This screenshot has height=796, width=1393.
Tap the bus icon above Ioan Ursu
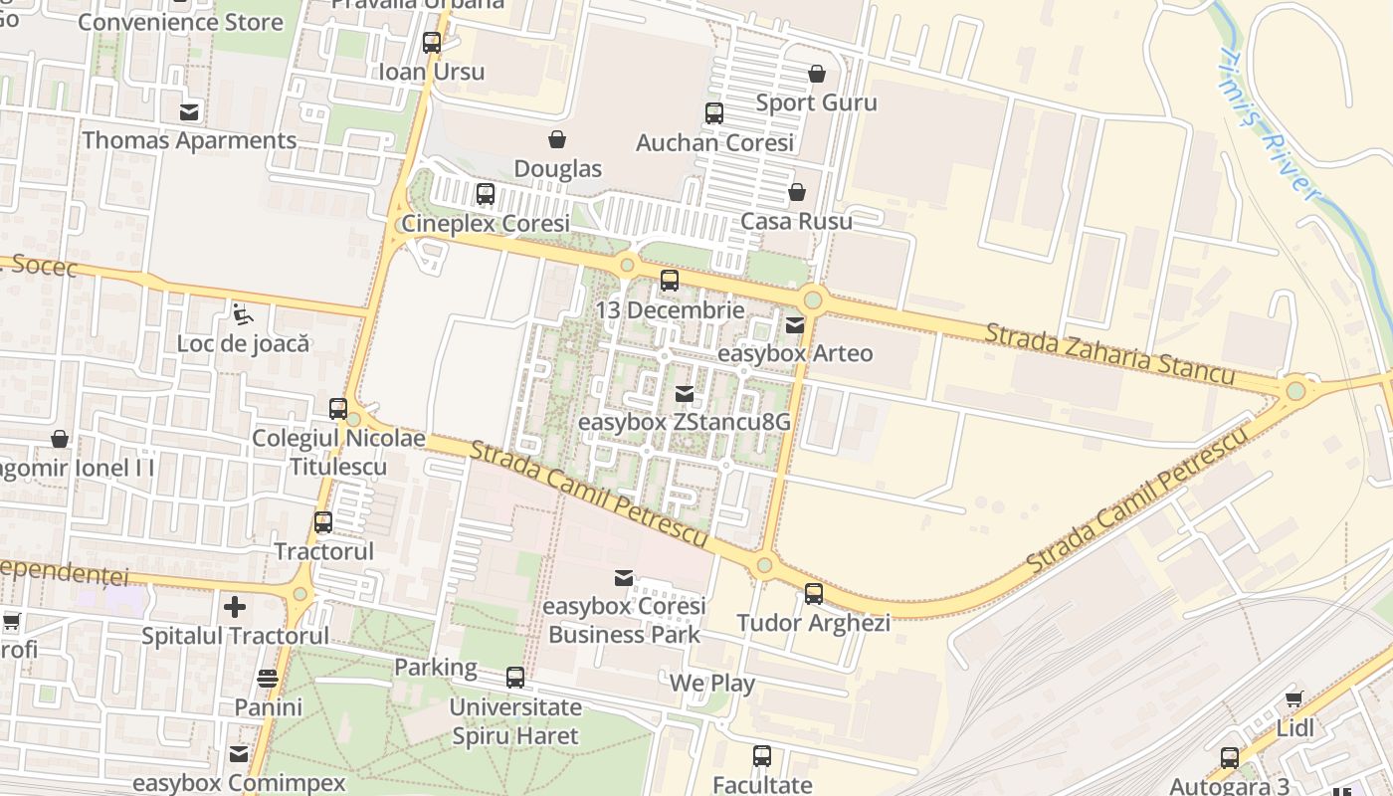(432, 43)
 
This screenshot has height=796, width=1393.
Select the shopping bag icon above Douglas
(557, 139)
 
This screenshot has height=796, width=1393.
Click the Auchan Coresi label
(714, 142)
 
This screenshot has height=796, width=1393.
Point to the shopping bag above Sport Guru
(817, 74)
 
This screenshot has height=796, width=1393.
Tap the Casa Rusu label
(796, 221)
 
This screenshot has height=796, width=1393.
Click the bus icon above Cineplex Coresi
(486, 194)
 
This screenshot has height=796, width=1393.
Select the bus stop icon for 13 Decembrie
(670, 281)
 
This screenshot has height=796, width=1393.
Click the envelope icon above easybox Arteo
(795, 324)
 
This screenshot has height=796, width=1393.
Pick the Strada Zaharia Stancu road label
(1108, 353)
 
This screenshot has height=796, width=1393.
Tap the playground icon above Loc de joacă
(243, 315)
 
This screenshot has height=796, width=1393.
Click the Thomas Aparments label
(189, 140)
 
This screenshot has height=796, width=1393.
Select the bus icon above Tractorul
(323, 522)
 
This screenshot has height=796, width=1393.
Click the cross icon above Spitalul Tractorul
(235, 606)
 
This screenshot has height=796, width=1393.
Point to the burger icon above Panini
(268, 679)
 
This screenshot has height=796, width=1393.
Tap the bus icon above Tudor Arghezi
(814, 594)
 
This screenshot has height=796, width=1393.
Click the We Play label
(711, 684)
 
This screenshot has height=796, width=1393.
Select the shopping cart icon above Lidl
(1294, 698)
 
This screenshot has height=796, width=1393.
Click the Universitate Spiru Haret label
(514, 721)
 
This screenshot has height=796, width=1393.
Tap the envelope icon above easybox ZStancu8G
(685, 393)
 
